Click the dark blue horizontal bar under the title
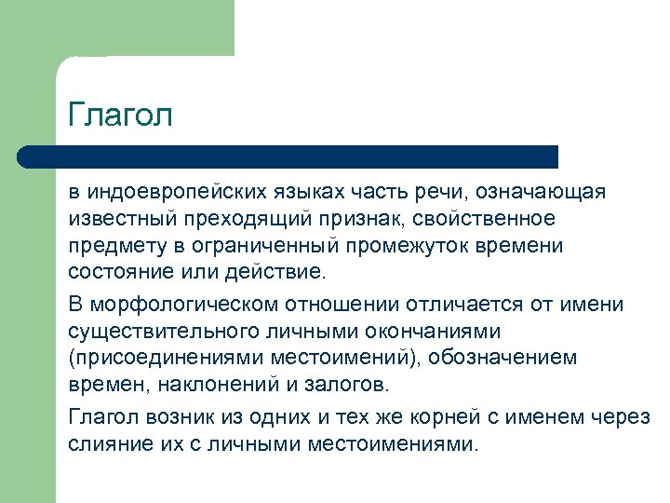click(288, 156)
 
